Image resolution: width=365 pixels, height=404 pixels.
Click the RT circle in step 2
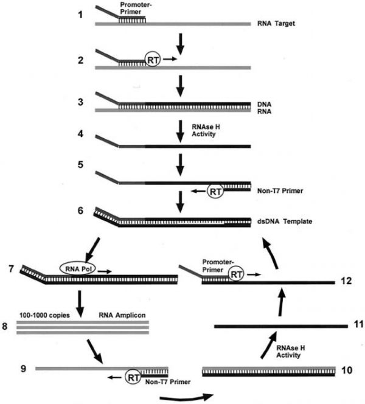click(x=153, y=60)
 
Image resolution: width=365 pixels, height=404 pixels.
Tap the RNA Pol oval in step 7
click(x=78, y=269)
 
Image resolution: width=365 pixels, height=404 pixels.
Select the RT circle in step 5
click(x=215, y=191)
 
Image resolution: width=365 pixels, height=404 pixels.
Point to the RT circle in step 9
click(x=133, y=377)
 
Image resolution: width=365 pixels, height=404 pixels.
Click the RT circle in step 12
click(x=235, y=274)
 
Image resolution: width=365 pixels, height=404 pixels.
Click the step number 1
click(x=81, y=15)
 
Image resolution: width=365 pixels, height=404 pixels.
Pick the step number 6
click(x=81, y=211)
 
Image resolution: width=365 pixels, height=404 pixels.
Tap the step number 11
click(x=358, y=324)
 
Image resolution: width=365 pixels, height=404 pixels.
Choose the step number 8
click(x=5, y=326)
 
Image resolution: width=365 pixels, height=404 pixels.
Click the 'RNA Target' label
click(x=276, y=24)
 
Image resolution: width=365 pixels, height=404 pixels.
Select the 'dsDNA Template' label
click(x=285, y=221)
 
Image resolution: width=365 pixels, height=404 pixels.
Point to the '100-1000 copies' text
click(x=44, y=315)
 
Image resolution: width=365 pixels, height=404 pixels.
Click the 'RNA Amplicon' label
click(x=122, y=315)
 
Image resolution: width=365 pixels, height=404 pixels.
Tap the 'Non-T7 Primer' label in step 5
click(x=280, y=191)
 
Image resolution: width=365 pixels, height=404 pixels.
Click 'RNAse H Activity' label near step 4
click(x=206, y=130)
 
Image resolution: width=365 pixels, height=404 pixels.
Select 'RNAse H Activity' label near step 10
click(x=290, y=352)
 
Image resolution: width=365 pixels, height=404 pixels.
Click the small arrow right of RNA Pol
click(x=104, y=271)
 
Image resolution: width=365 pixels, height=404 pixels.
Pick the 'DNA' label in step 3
click(x=264, y=105)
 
